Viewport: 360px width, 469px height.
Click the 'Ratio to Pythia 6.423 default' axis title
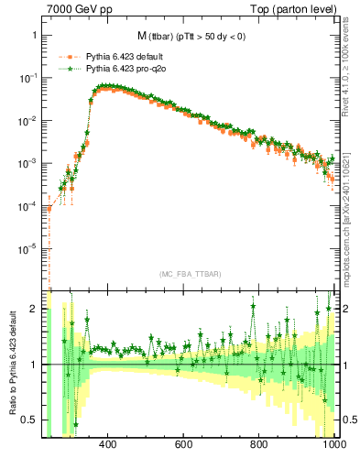tap(11, 364)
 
